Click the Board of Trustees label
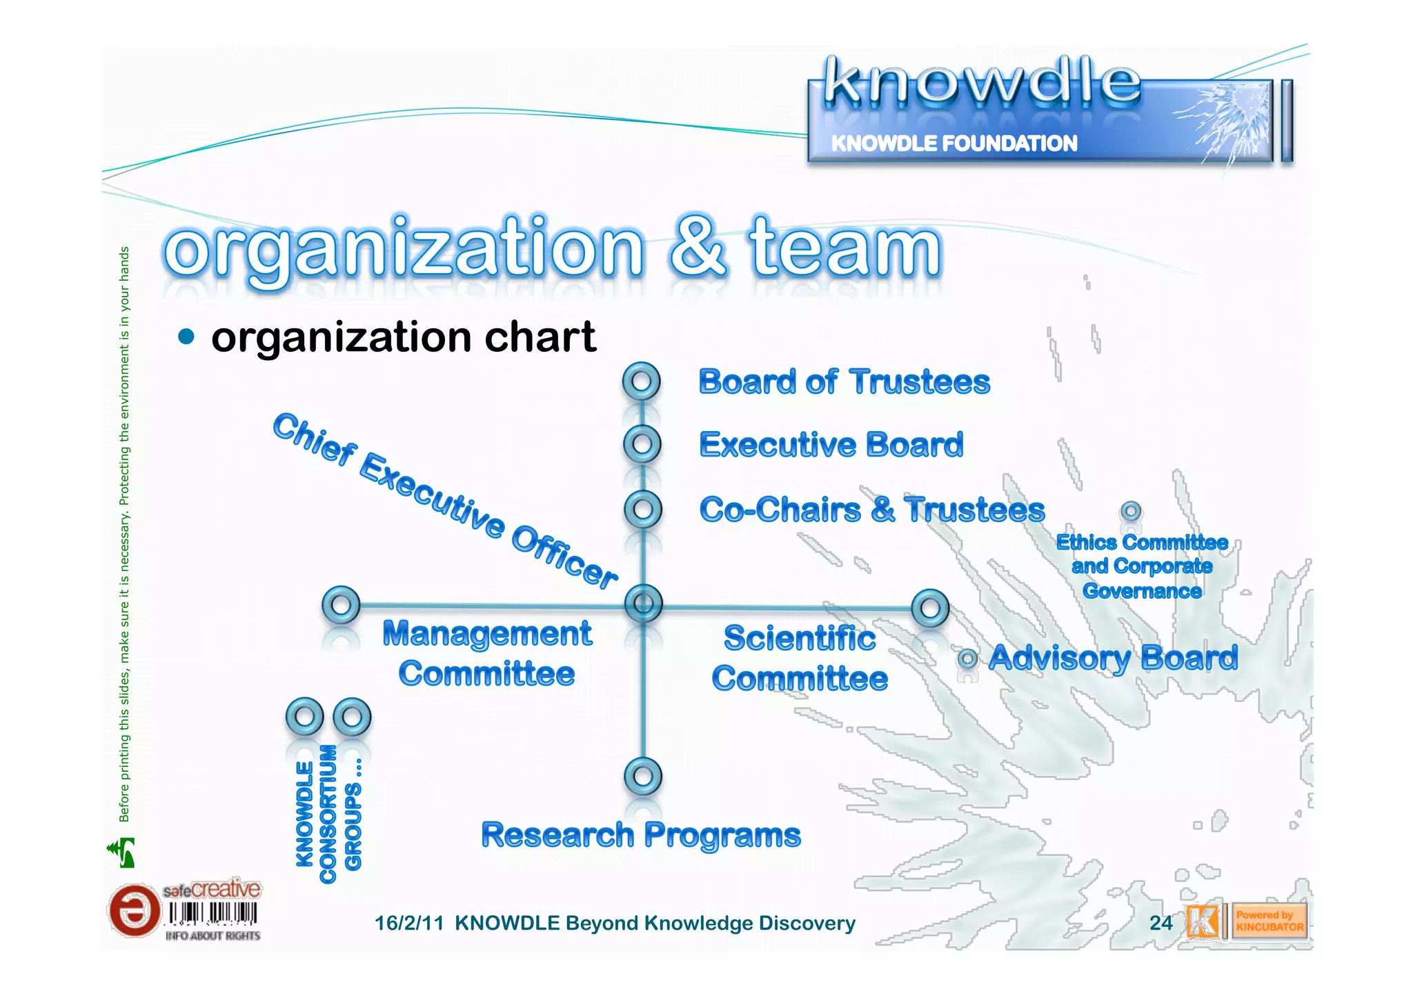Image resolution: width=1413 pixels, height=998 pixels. point(844,382)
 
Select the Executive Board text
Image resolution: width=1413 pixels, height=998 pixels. point(831,445)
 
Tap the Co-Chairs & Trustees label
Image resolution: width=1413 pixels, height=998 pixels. point(872,510)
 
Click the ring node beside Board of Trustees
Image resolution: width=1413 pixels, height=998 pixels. point(641,381)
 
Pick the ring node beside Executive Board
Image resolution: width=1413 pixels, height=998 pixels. point(642,444)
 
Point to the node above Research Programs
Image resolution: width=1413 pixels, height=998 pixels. point(642,777)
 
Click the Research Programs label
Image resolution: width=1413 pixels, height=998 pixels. point(641,835)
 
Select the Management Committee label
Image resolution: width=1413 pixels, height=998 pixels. point(487,653)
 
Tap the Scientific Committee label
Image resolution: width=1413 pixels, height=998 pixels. point(800,658)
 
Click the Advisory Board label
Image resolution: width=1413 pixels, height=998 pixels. point(1113,658)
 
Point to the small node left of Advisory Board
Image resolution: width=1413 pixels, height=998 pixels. point(968,659)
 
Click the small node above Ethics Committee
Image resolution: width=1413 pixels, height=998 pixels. point(1131,512)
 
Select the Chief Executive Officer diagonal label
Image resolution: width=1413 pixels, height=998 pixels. point(445,501)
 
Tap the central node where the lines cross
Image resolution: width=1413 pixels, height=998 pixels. point(643,604)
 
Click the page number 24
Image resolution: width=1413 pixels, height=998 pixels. point(1161,923)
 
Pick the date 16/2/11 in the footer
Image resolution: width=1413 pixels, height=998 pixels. point(408,923)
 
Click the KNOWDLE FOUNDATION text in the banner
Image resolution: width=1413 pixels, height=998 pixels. point(954,143)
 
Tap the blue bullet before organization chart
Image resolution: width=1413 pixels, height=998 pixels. point(186,337)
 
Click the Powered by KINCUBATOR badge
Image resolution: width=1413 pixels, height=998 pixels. point(1269,921)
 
